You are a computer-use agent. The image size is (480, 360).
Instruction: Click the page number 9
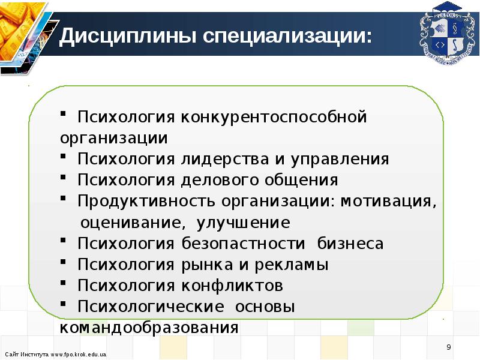coord(448,347)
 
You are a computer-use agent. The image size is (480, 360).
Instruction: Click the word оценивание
coord(129,223)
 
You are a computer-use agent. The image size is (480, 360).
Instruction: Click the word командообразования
coord(149,328)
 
